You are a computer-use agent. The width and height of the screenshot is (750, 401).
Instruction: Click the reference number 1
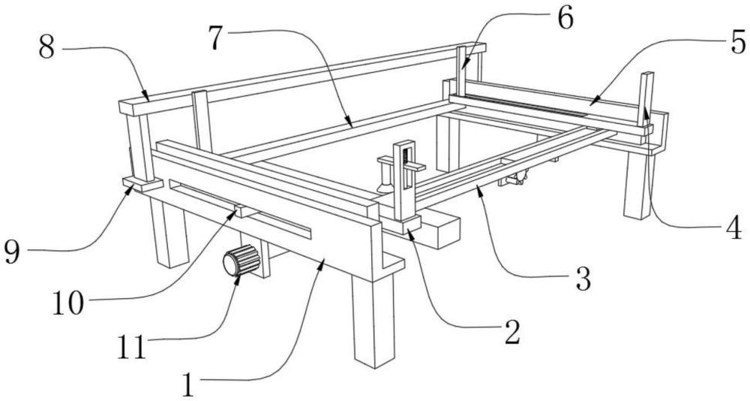pyautogui.click(x=189, y=384)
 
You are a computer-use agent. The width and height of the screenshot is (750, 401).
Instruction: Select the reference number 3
pyautogui.click(x=583, y=279)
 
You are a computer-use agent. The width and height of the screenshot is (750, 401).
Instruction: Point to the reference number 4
pyautogui.click(x=734, y=230)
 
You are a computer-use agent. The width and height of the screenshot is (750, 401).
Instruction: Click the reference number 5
pyautogui.click(x=738, y=42)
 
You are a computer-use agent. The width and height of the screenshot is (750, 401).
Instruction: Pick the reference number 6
pyautogui.click(x=565, y=20)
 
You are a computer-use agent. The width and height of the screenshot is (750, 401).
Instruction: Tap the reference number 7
pyautogui.click(x=216, y=38)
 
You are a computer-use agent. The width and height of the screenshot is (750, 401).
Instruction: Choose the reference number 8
pyautogui.click(x=46, y=48)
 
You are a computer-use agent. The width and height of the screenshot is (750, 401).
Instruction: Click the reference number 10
pyautogui.click(x=68, y=303)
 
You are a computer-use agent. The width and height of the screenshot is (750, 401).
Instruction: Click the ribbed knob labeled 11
pyautogui.click(x=241, y=260)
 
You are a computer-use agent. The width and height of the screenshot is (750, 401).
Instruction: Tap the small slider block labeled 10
pyautogui.click(x=247, y=211)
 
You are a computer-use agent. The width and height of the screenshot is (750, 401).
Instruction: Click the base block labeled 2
pyautogui.click(x=400, y=225)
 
